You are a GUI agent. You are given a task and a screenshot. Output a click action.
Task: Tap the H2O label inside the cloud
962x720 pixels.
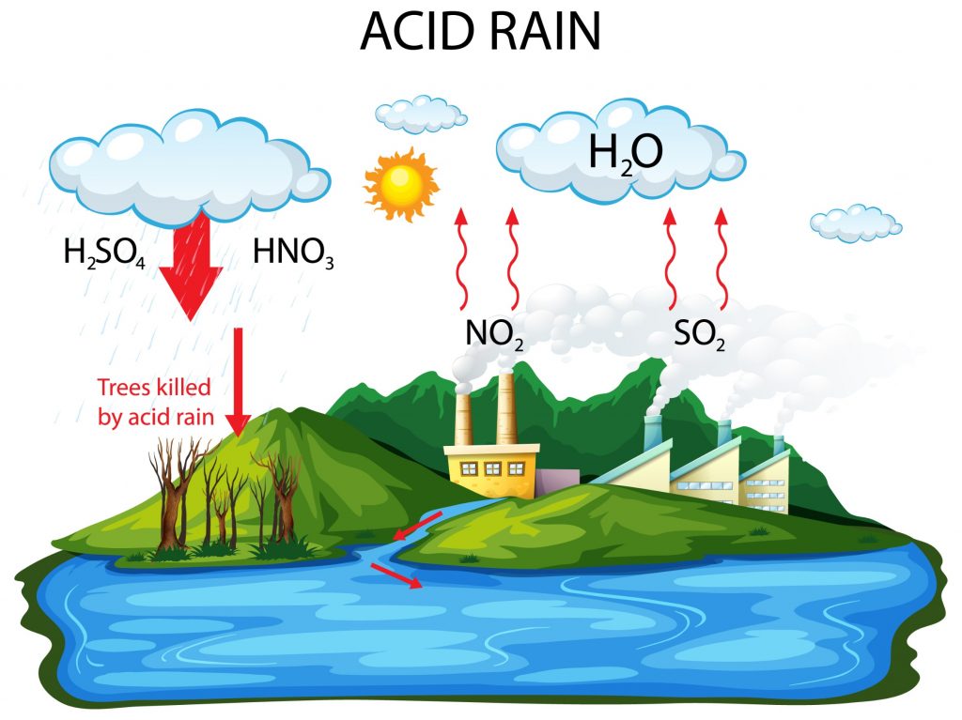tap(625, 153)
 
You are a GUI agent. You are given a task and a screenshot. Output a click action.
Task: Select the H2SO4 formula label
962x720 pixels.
tap(104, 253)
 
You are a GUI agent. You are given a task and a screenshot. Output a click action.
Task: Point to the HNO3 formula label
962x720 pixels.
tap(293, 253)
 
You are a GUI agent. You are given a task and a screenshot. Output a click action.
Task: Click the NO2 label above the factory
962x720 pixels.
tap(494, 335)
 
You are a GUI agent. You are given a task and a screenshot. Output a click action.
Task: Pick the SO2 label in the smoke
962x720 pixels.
tap(699, 335)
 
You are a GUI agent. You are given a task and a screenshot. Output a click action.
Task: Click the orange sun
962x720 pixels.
tap(401, 183)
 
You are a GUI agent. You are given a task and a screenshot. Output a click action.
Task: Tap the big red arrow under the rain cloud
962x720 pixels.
tap(191, 267)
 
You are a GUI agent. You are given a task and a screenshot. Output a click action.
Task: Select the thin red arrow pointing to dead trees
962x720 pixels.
tap(238, 381)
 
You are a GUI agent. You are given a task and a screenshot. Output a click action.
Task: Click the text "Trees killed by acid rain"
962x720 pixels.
tap(155, 402)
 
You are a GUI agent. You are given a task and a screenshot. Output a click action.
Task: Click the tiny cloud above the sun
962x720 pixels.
tap(421, 115)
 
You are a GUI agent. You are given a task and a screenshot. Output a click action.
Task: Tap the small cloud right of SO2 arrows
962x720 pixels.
tap(856, 223)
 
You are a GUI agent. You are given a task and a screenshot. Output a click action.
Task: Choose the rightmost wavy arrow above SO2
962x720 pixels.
tap(721, 258)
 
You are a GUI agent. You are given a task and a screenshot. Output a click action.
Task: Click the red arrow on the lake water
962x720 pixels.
tap(396, 576)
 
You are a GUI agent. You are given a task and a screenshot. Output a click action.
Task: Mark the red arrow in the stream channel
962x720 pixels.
tap(417, 527)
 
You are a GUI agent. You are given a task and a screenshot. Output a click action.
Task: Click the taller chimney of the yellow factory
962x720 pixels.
tap(506, 407)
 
